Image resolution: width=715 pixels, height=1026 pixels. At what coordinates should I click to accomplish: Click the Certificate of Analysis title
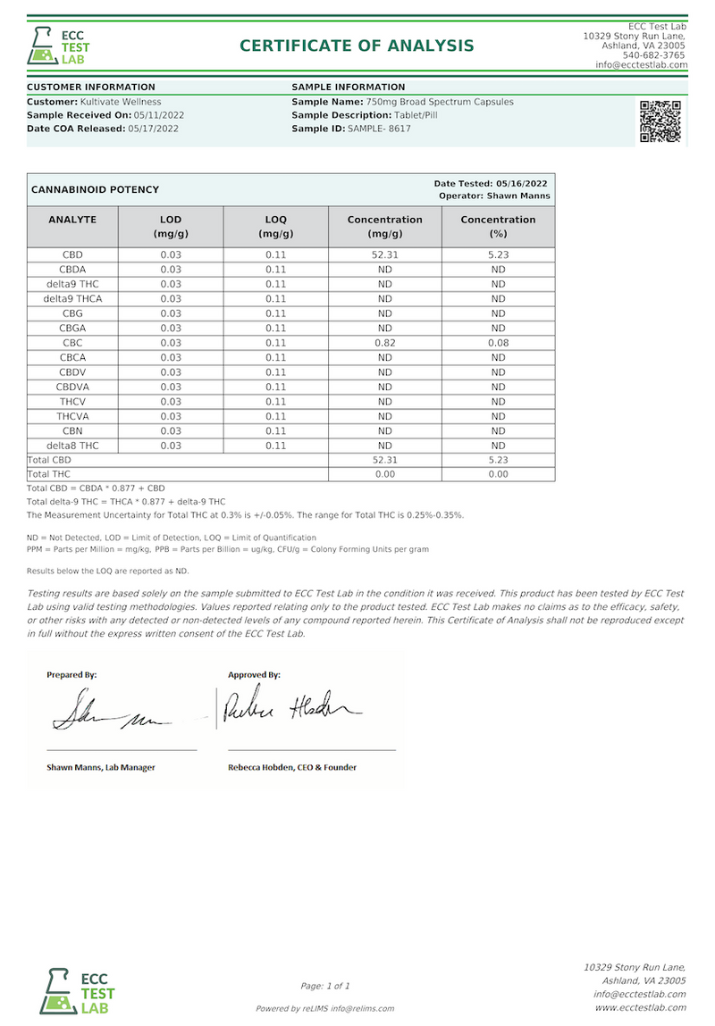coord(357,46)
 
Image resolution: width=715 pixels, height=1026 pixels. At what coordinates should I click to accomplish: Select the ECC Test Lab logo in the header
coord(59,46)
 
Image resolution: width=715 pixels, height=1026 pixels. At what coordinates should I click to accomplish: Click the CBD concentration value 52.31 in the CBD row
coord(385,254)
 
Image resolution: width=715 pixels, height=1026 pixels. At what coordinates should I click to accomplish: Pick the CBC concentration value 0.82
coord(385,343)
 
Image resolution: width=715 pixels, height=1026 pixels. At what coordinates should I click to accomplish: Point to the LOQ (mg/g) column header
coord(275,227)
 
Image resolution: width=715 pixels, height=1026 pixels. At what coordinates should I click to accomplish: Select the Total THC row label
coord(49,474)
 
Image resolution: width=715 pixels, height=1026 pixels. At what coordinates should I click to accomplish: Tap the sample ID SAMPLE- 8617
coord(379,129)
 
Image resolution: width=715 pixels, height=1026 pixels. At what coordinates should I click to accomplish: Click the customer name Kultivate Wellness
coord(121,102)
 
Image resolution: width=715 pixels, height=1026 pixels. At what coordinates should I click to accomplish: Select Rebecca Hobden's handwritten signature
coord(290,706)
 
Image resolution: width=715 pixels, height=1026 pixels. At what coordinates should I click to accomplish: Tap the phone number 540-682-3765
coord(655,54)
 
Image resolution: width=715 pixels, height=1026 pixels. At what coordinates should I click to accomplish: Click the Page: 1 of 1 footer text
coord(325,986)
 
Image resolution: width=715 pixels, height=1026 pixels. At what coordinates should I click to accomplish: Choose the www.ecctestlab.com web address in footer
coord(640,1007)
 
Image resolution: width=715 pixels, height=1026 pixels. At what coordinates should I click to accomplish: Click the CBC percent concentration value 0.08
coord(498,343)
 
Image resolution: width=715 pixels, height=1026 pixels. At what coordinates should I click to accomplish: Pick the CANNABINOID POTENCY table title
coord(95,189)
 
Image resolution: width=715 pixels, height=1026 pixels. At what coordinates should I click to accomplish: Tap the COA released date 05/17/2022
coord(154,129)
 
